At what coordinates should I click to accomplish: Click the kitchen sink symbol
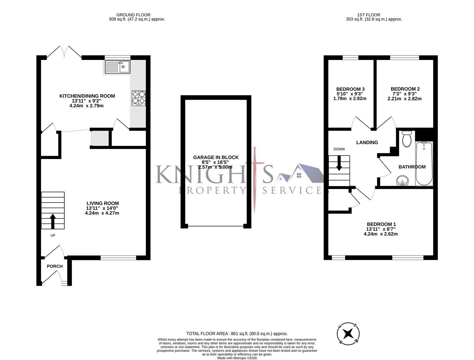click(x=118, y=67)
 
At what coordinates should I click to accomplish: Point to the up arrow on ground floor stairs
click(x=53, y=221)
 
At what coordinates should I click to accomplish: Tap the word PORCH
click(x=55, y=266)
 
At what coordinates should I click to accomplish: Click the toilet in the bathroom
click(x=407, y=139)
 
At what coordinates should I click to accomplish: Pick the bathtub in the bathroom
click(x=424, y=163)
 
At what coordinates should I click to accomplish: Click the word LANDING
click(x=367, y=143)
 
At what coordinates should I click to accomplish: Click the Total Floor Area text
click(x=237, y=334)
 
